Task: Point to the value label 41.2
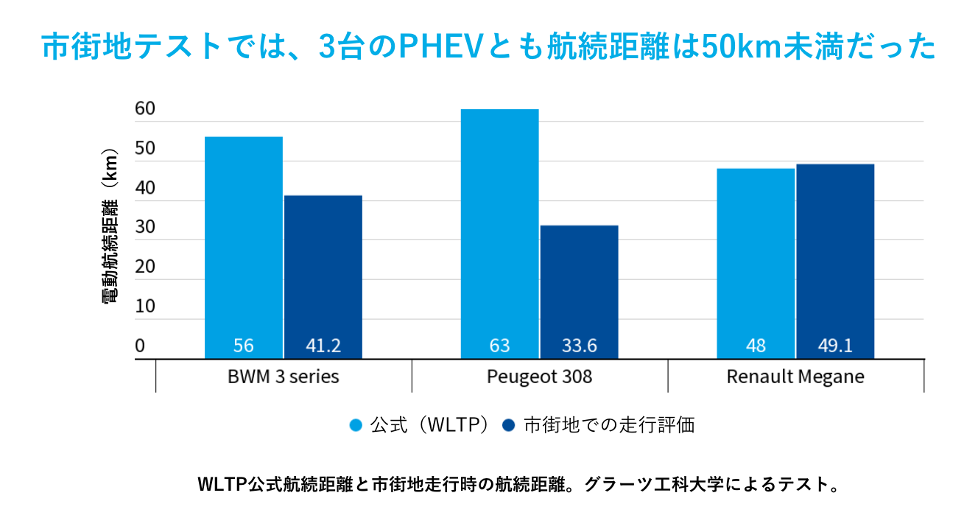tap(323, 346)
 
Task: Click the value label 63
tap(499, 346)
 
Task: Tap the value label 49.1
tap(835, 346)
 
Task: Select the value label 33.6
tap(579, 346)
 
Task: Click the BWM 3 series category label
tap(284, 377)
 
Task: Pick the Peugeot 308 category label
tap(539, 377)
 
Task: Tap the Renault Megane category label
tap(795, 377)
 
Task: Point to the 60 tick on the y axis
tap(145, 110)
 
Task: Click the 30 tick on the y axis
tap(145, 228)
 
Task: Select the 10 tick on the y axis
tap(145, 307)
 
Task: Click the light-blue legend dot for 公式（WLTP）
tap(356, 426)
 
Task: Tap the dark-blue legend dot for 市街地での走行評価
tap(508, 426)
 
